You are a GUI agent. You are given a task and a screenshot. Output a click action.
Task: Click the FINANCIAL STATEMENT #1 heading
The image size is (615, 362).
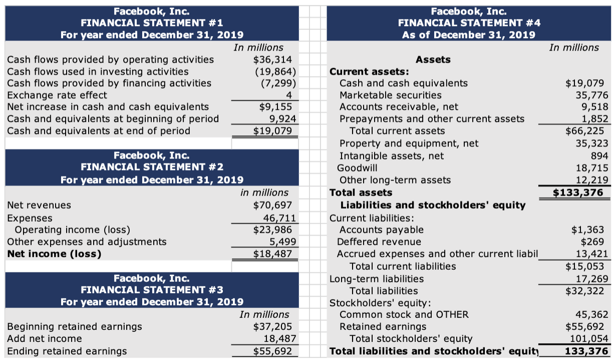[152, 23]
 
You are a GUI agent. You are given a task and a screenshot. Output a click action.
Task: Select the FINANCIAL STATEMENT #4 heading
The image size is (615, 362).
[469, 23]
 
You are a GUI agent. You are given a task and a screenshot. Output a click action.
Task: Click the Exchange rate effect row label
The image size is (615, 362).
[57, 95]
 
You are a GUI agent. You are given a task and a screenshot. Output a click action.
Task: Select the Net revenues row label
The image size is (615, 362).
[39, 205]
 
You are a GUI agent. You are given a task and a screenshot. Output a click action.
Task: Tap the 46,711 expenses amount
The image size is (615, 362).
[280, 218]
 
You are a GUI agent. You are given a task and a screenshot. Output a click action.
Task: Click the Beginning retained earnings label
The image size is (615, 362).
[75, 326]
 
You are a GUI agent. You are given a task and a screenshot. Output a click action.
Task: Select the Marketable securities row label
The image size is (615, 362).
[391, 95]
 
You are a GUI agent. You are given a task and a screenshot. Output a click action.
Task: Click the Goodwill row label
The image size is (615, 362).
[358, 167]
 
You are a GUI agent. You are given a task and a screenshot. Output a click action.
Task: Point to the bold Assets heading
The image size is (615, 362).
[433, 60]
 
